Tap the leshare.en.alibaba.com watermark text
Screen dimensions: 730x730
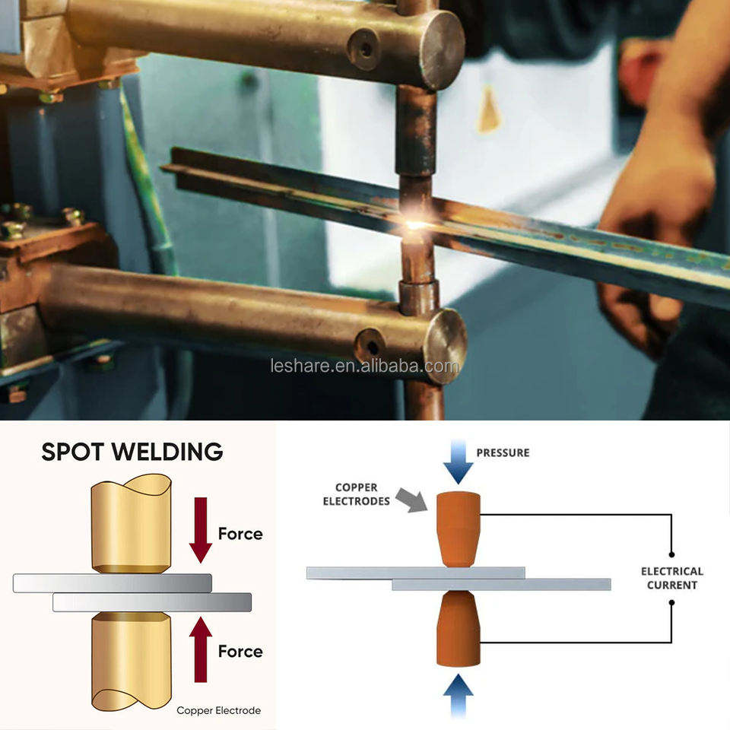point(364,367)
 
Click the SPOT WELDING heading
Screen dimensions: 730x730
point(132,451)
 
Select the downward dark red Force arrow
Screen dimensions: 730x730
point(201,529)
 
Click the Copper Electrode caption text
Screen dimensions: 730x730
point(218,710)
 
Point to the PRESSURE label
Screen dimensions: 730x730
point(503,452)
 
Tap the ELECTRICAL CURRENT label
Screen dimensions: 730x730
point(671,578)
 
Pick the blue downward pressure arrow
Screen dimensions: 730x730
point(459,463)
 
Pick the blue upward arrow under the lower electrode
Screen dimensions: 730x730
point(459,693)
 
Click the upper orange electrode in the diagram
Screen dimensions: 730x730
point(459,528)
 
